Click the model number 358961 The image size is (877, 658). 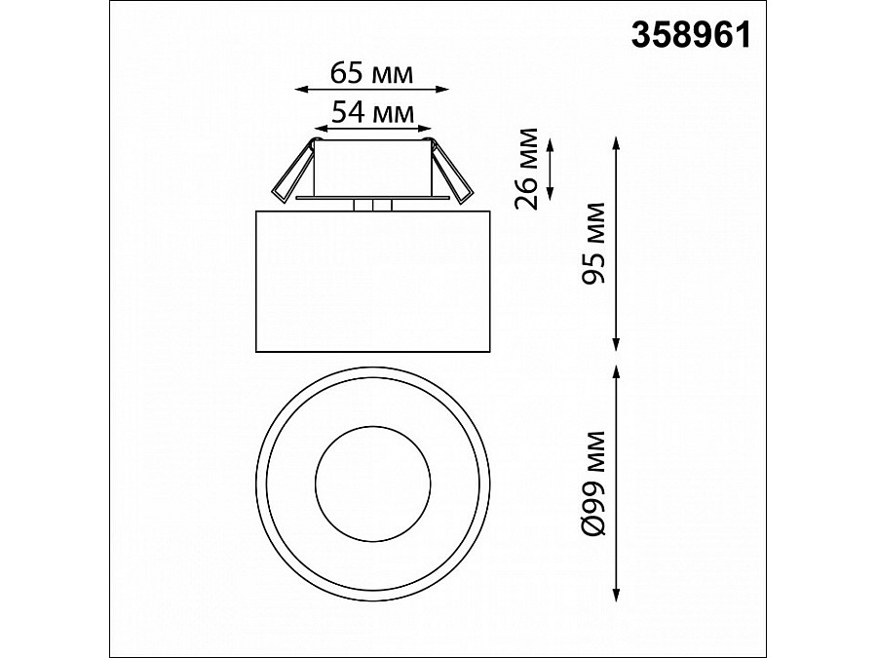(x=691, y=36)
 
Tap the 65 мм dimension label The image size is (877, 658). (x=372, y=73)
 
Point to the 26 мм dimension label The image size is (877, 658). (x=526, y=169)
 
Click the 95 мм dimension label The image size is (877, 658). (x=594, y=243)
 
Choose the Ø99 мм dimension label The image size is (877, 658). (x=594, y=483)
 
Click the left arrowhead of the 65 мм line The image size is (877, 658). (x=302, y=89)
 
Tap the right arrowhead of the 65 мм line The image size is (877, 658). (x=441, y=89)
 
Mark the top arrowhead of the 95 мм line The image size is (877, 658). (x=617, y=142)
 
